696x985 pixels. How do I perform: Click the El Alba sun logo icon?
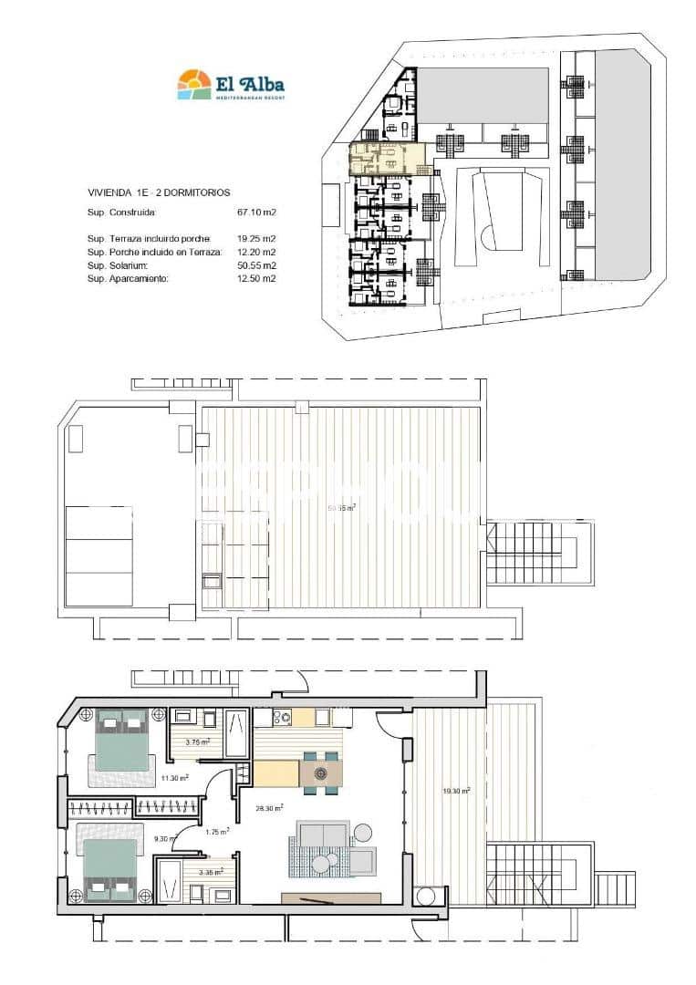(193, 84)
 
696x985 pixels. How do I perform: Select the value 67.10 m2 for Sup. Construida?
(256, 213)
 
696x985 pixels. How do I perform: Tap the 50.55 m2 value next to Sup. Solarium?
(256, 265)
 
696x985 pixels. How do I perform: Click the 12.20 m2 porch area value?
(256, 252)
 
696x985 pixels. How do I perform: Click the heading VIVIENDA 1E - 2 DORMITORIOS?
(158, 192)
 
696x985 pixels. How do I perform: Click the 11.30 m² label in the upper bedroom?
(175, 778)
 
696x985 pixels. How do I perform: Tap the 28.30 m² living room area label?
(269, 807)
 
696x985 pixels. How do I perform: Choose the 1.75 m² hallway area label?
(217, 831)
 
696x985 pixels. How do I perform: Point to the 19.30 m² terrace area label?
(456, 791)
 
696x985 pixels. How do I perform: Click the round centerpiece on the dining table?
(321, 773)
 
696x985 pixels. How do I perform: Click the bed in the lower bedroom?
(111, 866)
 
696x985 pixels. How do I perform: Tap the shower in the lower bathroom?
(170, 878)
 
